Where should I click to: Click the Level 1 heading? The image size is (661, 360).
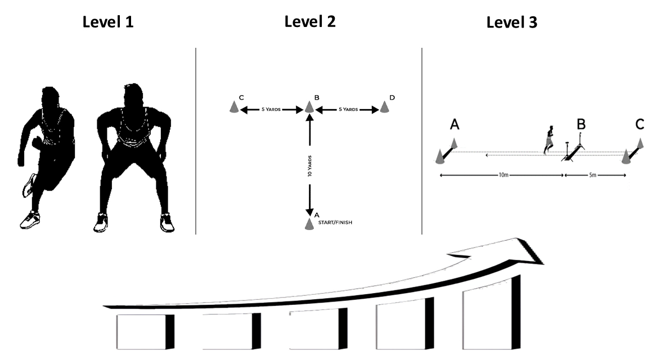(108, 22)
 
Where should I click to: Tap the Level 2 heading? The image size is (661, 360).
(310, 21)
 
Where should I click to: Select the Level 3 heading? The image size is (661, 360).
(512, 22)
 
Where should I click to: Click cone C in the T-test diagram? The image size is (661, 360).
(234, 107)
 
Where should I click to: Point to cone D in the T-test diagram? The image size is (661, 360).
(384, 107)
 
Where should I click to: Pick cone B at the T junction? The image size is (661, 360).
(309, 107)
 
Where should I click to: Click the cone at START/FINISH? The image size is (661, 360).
(309, 224)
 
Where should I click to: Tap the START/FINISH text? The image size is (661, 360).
(335, 223)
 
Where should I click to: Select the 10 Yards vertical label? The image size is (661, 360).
(310, 166)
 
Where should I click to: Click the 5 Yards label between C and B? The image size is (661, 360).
(271, 110)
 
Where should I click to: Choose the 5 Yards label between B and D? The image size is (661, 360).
(348, 110)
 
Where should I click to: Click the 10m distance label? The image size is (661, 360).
(503, 175)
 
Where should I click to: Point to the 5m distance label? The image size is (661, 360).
(593, 175)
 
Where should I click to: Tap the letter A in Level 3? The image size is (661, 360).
(455, 124)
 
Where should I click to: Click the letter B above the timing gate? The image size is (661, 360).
(581, 124)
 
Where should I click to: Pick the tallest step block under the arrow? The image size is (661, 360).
(492, 312)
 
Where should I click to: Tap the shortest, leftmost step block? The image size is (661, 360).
(146, 332)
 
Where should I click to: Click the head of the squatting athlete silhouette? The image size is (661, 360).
(134, 97)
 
